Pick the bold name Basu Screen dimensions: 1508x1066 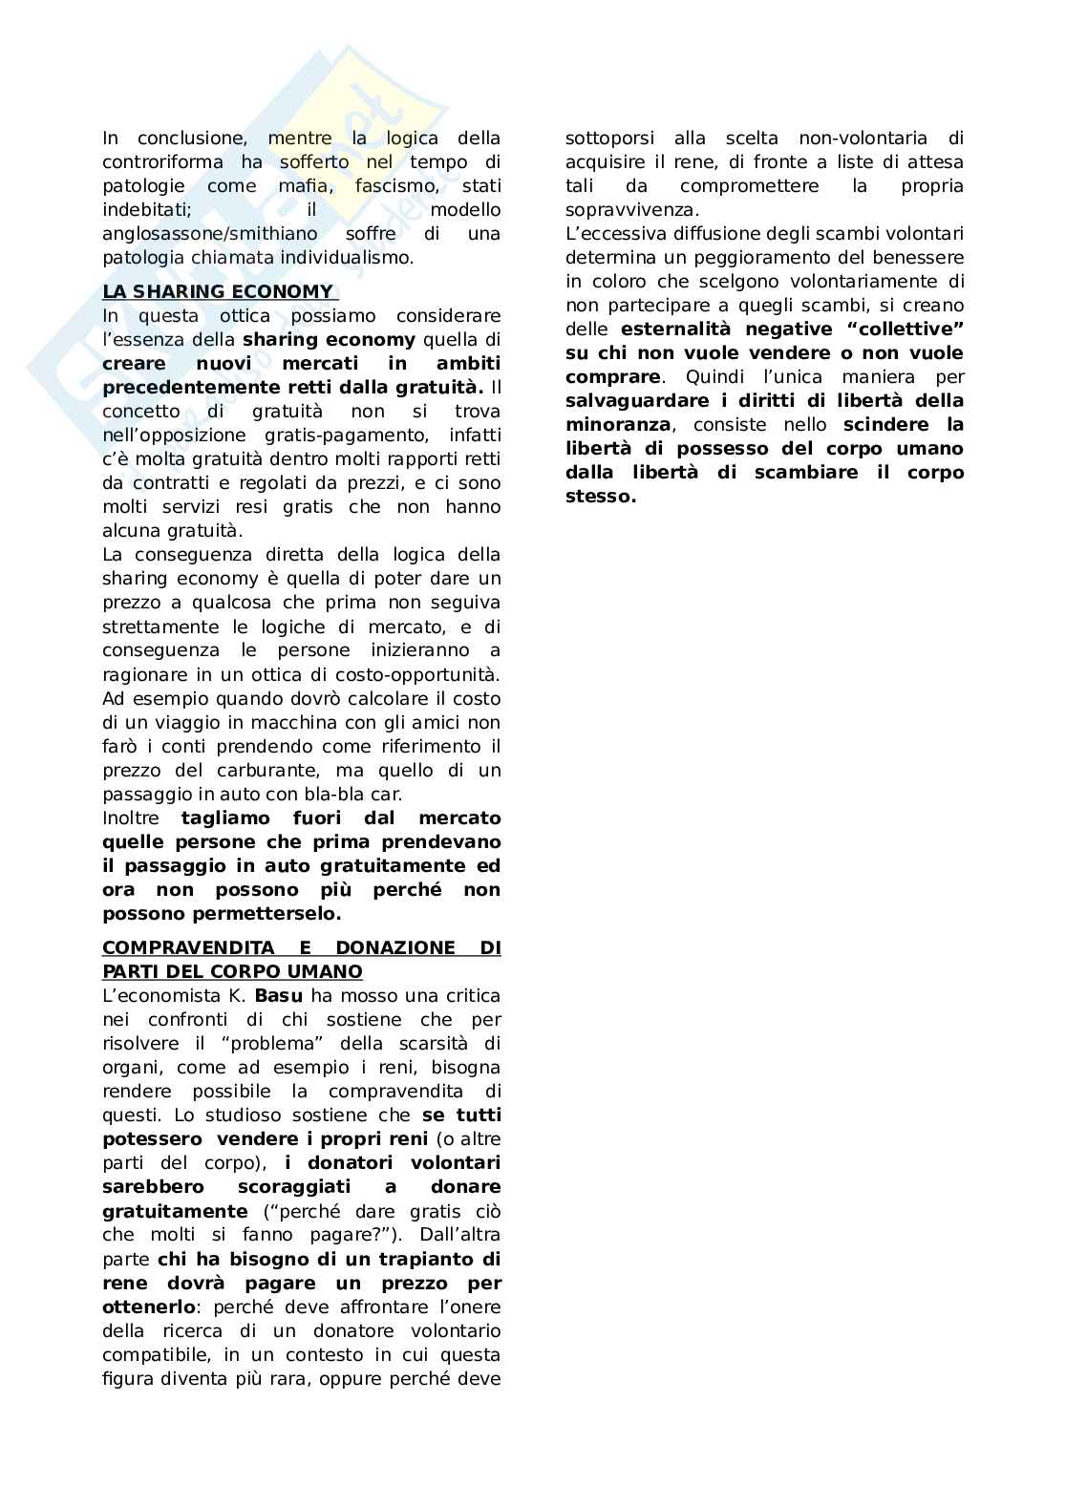click(279, 996)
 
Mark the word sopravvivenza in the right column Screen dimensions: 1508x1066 click(630, 210)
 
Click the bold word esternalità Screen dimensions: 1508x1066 click(676, 329)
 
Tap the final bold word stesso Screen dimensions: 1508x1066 click(600, 497)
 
